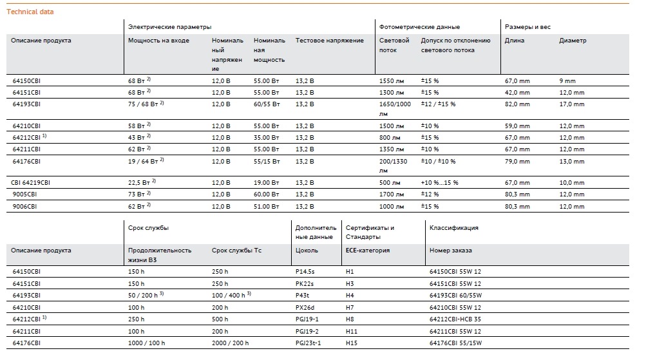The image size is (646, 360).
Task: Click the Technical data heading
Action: point(30,12)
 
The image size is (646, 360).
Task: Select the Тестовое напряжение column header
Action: point(330,41)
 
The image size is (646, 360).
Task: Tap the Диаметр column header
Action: point(573,41)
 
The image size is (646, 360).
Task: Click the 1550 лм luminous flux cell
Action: point(392,81)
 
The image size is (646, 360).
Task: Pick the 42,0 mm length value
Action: point(517,92)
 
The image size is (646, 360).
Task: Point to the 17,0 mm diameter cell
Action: point(572,104)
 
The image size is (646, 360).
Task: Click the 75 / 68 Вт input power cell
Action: point(146,104)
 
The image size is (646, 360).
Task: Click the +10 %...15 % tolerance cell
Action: point(440,182)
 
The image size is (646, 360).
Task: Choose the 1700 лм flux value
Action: point(392,194)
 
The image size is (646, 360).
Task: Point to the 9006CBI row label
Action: point(24,206)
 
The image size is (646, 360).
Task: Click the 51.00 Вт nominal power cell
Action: point(266,206)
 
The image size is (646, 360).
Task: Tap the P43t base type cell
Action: point(302,296)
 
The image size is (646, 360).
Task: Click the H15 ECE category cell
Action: point(352,343)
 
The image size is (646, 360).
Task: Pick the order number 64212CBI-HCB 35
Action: point(455,319)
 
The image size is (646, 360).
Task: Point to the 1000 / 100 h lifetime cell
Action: point(146,343)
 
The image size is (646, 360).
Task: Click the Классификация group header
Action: point(453,227)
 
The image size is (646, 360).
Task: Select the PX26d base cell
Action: point(305,307)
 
